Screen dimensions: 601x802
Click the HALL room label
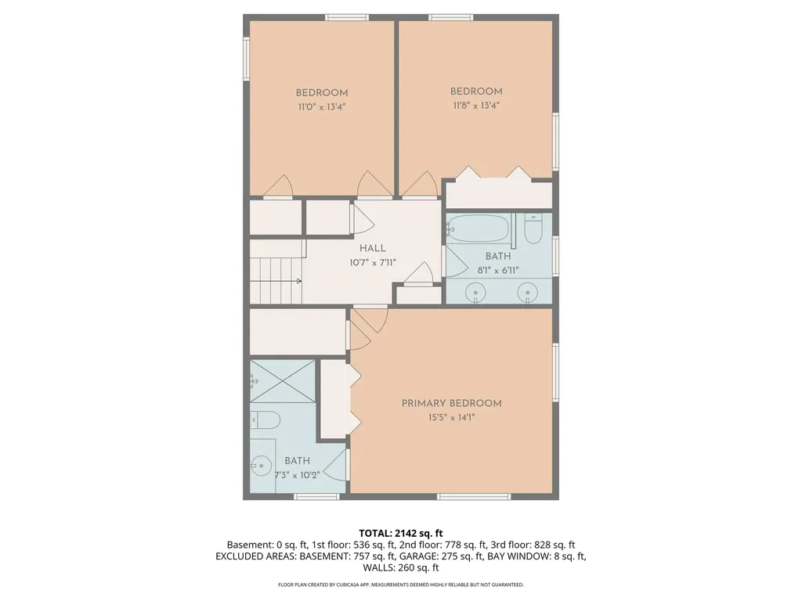372,248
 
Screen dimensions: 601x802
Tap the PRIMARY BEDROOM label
451,403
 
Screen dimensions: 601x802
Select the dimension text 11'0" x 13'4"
321,107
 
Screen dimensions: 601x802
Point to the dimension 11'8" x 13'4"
475,106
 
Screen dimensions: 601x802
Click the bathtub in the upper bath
479,230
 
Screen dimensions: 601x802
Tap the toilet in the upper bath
533,229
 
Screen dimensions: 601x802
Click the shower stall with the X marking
283,381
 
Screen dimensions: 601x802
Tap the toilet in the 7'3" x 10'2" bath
266,420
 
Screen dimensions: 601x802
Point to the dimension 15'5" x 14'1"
451,418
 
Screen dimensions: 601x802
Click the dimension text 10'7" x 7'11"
372,262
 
